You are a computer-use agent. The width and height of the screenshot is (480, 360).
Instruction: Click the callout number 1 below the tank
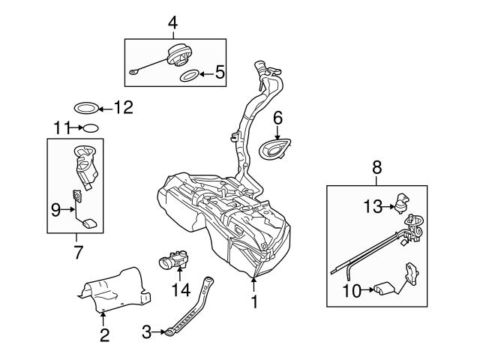pyautogui.click(x=254, y=301)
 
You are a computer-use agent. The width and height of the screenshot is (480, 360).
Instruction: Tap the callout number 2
pyautogui.click(x=104, y=335)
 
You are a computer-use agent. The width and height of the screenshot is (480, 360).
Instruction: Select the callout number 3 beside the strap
pyautogui.click(x=147, y=328)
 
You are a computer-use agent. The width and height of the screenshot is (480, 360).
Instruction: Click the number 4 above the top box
pyautogui.click(x=172, y=23)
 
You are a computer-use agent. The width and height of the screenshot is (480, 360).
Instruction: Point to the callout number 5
pyautogui.click(x=219, y=73)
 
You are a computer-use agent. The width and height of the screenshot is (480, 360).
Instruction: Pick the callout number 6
pyautogui.click(x=277, y=117)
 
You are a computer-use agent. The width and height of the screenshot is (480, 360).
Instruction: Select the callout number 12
pyautogui.click(x=121, y=107)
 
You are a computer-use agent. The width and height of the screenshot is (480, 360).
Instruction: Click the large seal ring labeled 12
pyautogui.click(x=85, y=106)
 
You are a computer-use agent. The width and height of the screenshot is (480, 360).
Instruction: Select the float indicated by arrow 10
pyautogui.click(x=385, y=288)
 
